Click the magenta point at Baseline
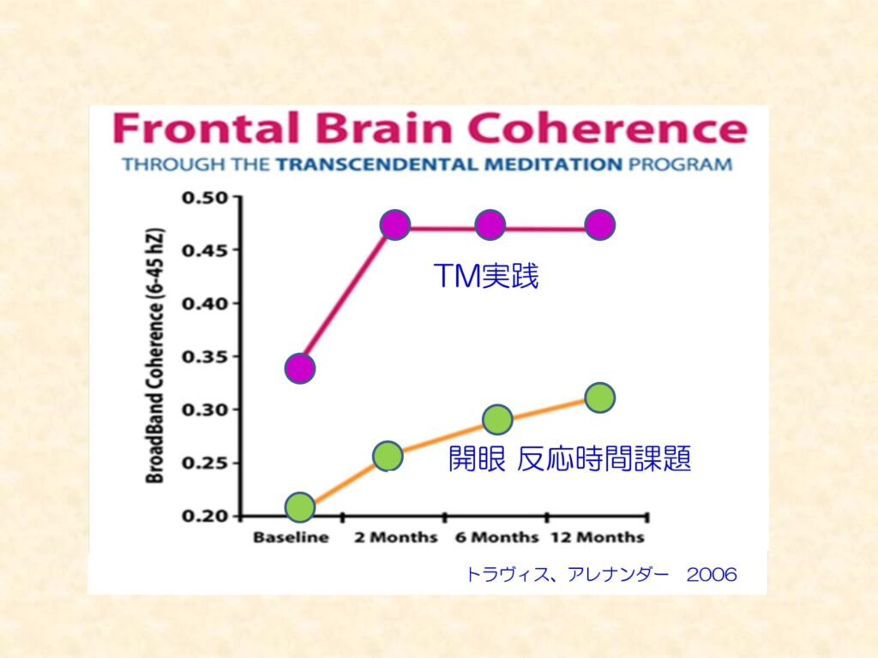pyautogui.click(x=299, y=369)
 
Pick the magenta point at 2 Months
pyautogui.click(x=395, y=225)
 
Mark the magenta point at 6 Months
pyautogui.click(x=489, y=225)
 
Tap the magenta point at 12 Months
pyautogui.click(x=600, y=225)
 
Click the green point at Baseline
pyautogui.click(x=299, y=507)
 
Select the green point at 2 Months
pyautogui.click(x=388, y=456)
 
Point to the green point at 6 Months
pyautogui.click(x=497, y=420)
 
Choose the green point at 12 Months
pyautogui.click(x=600, y=398)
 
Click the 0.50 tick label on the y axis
pyautogui.click(x=205, y=198)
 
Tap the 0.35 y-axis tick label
pyautogui.click(x=205, y=357)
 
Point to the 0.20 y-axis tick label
pyautogui.click(x=205, y=517)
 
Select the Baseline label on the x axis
pyautogui.click(x=291, y=538)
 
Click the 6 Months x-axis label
pyautogui.click(x=496, y=538)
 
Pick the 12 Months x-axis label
pyautogui.click(x=597, y=538)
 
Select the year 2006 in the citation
pyautogui.click(x=712, y=575)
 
